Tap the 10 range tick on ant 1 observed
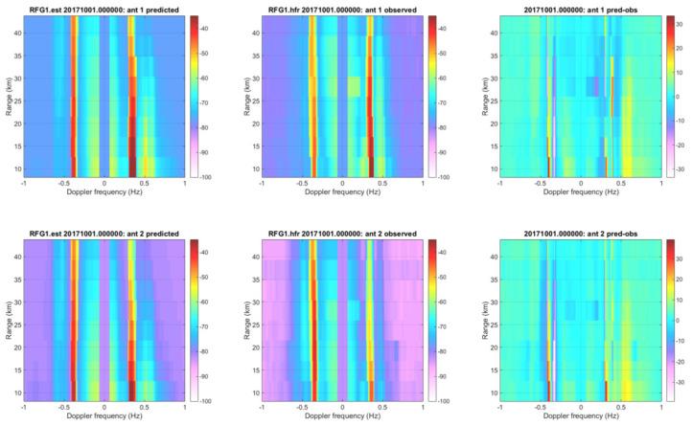pyautogui.click(x=254, y=168)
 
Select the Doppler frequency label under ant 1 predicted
pyautogui.click(x=104, y=191)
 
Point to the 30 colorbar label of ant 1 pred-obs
pyautogui.click(x=685, y=21)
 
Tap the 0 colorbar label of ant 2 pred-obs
pyautogui.click(x=683, y=320)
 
